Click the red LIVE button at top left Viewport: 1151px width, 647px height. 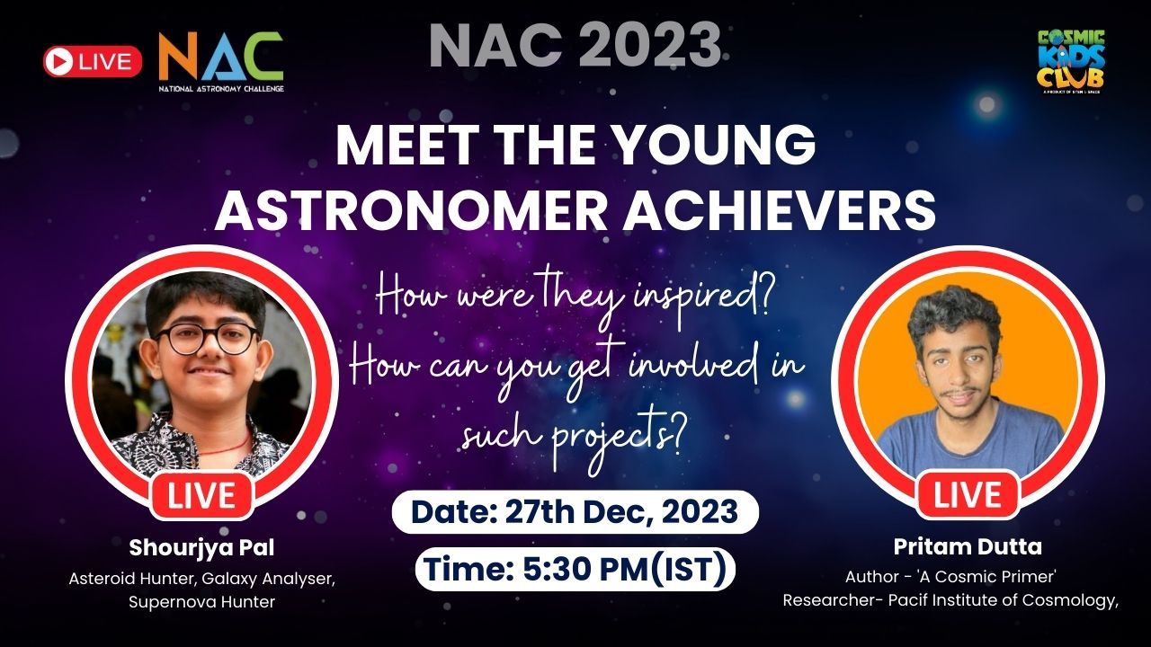tap(93, 61)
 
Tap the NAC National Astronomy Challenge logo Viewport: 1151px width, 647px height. tap(220, 62)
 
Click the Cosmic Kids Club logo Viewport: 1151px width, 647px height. tap(1070, 60)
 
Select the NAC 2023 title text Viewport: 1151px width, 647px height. tap(575, 47)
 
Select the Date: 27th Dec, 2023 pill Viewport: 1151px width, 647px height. tap(575, 512)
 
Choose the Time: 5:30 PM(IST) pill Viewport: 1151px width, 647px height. tap(575, 569)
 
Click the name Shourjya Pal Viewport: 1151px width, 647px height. tap(201, 547)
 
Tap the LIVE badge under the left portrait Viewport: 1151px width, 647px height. tap(201, 495)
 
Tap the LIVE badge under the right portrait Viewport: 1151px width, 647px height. tap(968, 495)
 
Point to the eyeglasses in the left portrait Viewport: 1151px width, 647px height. tap(204, 340)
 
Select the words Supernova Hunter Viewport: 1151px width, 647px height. tap(201, 601)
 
